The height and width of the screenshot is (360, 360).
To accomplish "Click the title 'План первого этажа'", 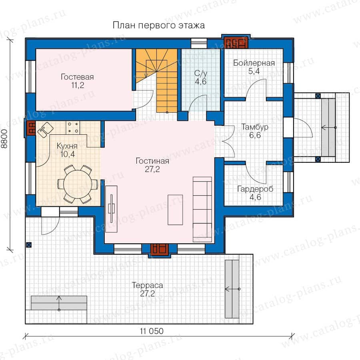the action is click(x=159, y=25).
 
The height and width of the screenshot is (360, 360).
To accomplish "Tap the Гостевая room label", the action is click(x=77, y=77).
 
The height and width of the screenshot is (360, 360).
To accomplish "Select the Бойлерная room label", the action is click(x=254, y=63).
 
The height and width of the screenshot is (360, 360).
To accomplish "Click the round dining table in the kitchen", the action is click(x=78, y=184).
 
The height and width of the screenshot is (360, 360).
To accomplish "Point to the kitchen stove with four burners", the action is click(x=73, y=128).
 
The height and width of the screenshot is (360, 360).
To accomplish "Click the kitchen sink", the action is click(x=45, y=130).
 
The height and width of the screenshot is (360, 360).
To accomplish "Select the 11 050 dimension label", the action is click(x=152, y=331).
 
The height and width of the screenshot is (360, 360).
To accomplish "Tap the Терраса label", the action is click(x=147, y=285).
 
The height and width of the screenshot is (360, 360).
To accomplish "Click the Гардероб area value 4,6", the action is click(x=255, y=197).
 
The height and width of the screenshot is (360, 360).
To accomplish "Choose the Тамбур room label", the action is click(x=255, y=127).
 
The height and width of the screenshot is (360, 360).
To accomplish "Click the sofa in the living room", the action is click(x=202, y=209).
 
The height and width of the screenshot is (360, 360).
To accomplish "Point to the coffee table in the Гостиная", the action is click(x=175, y=210).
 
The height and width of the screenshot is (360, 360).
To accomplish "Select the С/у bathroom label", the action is click(x=201, y=74).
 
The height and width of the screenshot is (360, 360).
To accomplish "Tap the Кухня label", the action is click(x=67, y=146).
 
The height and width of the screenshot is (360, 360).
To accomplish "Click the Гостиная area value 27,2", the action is click(x=152, y=169).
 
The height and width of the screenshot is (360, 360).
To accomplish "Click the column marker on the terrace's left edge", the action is click(x=29, y=245).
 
